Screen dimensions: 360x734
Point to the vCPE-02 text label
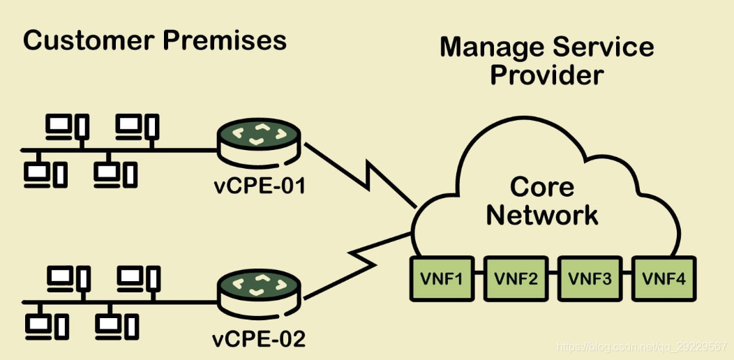(x=259, y=340)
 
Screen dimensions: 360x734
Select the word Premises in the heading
(x=224, y=41)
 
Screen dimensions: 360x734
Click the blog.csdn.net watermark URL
(x=643, y=346)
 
